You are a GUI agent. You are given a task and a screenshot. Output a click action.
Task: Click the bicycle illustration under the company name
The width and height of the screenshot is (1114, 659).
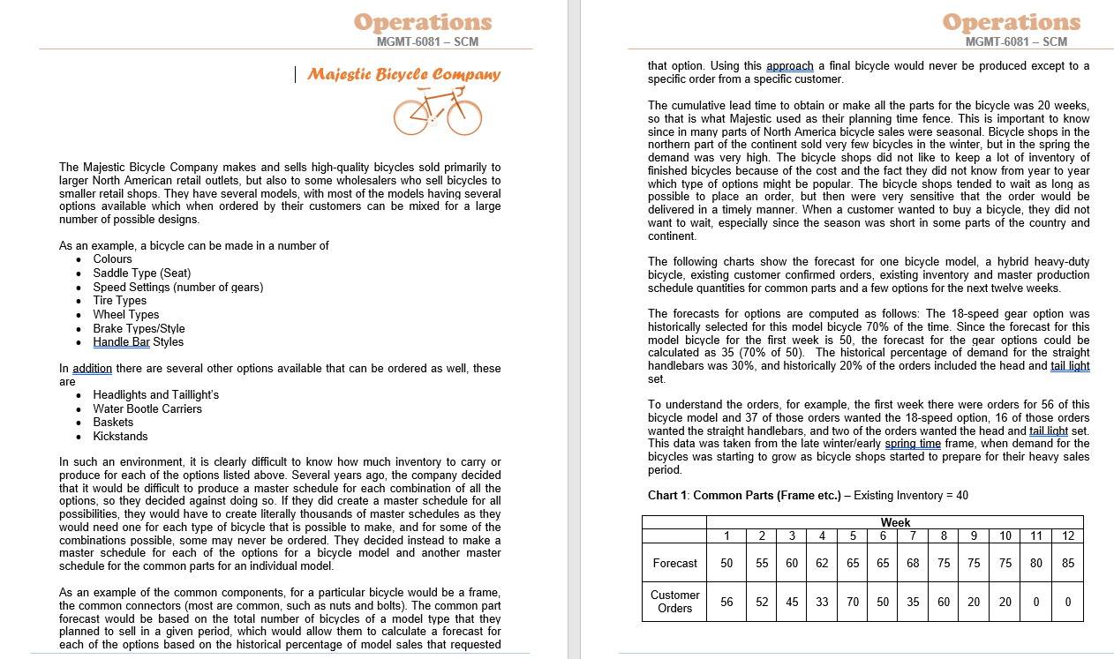click(x=438, y=112)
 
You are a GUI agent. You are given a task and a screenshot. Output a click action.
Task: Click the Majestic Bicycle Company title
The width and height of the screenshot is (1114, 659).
click(x=403, y=74)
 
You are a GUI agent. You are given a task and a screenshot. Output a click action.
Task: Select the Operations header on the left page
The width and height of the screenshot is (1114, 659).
click(x=423, y=22)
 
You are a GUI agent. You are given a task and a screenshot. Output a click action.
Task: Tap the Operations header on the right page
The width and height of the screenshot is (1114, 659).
click(x=1012, y=22)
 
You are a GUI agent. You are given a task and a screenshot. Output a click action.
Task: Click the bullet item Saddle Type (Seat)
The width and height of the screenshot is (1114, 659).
click(x=141, y=273)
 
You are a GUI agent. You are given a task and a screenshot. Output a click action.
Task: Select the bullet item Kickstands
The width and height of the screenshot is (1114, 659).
click(x=120, y=436)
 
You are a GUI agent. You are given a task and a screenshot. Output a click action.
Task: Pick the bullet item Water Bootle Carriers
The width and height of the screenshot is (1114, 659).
click(x=147, y=408)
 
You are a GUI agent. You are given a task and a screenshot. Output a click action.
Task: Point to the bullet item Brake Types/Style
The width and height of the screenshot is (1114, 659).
click(x=139, y=328)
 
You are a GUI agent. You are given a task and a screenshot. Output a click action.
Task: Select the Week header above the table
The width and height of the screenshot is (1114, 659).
click(x=895, y=522)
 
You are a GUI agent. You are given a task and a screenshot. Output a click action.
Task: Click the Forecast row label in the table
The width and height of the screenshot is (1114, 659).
click(x=674, y=563)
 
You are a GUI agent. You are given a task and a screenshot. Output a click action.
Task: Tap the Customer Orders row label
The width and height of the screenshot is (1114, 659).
click(x=674, y=601)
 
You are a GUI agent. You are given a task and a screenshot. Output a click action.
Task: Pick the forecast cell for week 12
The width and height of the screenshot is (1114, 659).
click(x=1068, y=563)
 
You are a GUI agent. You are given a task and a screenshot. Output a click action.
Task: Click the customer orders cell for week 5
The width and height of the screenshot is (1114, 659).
click(x=853, y=602)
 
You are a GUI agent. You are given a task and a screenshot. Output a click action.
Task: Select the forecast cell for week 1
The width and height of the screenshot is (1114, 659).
click(x=726, y=563)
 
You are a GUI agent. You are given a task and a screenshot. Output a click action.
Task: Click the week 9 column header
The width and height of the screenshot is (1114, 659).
click(x=974, y=535)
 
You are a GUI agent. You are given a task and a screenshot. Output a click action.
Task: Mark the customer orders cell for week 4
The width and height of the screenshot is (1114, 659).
click(x=822, y=602)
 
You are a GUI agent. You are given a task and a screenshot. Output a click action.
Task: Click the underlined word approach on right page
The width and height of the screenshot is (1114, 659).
click(x=790, y=65)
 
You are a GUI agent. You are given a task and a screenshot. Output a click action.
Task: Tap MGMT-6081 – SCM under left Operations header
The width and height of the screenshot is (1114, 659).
click(x=427, y=41)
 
